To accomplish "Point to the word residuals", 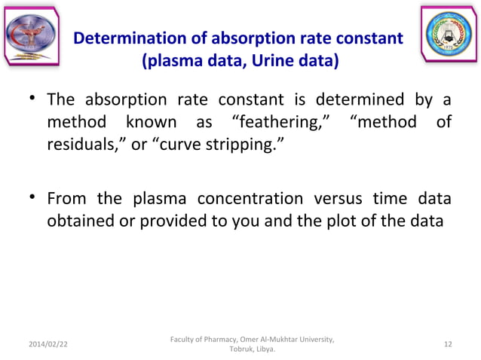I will pos(84,143).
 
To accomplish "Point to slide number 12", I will pos(449,344).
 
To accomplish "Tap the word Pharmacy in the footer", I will pos(213,338).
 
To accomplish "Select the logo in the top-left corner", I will pos(32,34).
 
